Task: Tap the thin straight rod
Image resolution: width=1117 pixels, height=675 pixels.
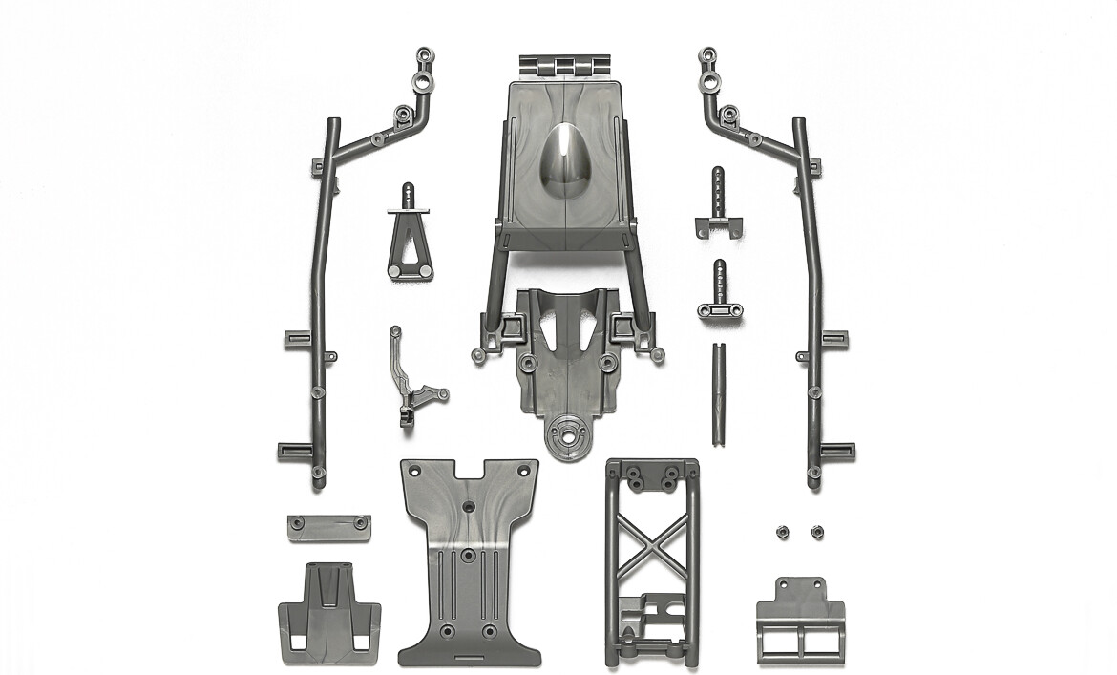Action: pyautogui.click(x=716, y=392)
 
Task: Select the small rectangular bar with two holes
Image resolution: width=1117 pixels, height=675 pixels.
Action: pyautogui.click(x=328, y=527)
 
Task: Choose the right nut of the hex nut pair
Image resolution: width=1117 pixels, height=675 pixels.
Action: pyautogui.click(x=816, y=530)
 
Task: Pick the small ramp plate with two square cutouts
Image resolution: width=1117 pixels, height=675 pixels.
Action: pyautogui.click(x=328, y=616)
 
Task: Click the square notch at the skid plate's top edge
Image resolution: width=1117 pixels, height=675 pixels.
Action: pyautogui.click(x=468, y=470)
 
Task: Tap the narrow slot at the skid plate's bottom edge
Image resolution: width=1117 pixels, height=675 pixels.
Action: pyautogui.click(x=468, y=658)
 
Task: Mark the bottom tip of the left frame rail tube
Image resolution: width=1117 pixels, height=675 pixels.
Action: pyautogui.click(x=319, y=483)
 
